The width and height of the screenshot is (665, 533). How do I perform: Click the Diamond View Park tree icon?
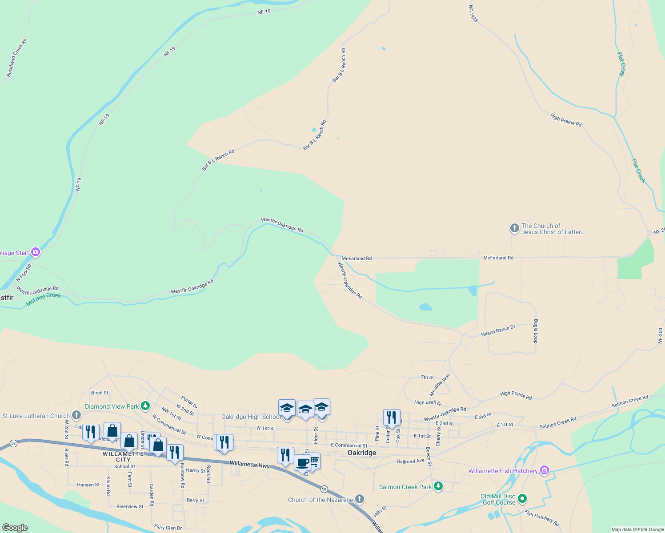pos(145,406)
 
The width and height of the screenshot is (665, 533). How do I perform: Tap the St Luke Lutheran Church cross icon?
pos(76,416)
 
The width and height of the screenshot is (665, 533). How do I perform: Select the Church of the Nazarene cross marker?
pos(360,500)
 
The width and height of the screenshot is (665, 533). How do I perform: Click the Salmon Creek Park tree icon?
pos(438,487)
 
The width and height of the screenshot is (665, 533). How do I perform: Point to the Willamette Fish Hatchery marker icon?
pos(545,471)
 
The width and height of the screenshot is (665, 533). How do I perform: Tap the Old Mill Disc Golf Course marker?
pos(522,499)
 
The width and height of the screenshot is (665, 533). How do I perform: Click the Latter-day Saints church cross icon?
pos(514,229)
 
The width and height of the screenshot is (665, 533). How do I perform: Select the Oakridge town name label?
pos(362,453)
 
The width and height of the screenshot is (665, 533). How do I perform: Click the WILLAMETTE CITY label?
pos(123,457)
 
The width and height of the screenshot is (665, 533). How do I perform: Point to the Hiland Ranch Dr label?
pos(498,330)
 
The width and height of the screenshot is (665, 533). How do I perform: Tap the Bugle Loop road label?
pos(536,331)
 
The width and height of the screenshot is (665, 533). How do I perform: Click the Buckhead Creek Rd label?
pos(17,58)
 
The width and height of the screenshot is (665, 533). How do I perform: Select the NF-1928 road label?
pos(473,14)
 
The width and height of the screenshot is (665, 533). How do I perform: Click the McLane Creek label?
pos(44,299)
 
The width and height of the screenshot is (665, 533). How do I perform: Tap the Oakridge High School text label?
pos(251,417)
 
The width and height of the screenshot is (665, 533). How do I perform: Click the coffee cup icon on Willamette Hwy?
pos(302,463)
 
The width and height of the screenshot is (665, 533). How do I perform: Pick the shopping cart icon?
pos(314,461)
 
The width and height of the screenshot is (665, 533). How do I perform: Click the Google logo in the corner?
pos(15,528)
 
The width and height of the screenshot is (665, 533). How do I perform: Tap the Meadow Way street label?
pos(440,385)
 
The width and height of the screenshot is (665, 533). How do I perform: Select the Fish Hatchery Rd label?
pos(542,518)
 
